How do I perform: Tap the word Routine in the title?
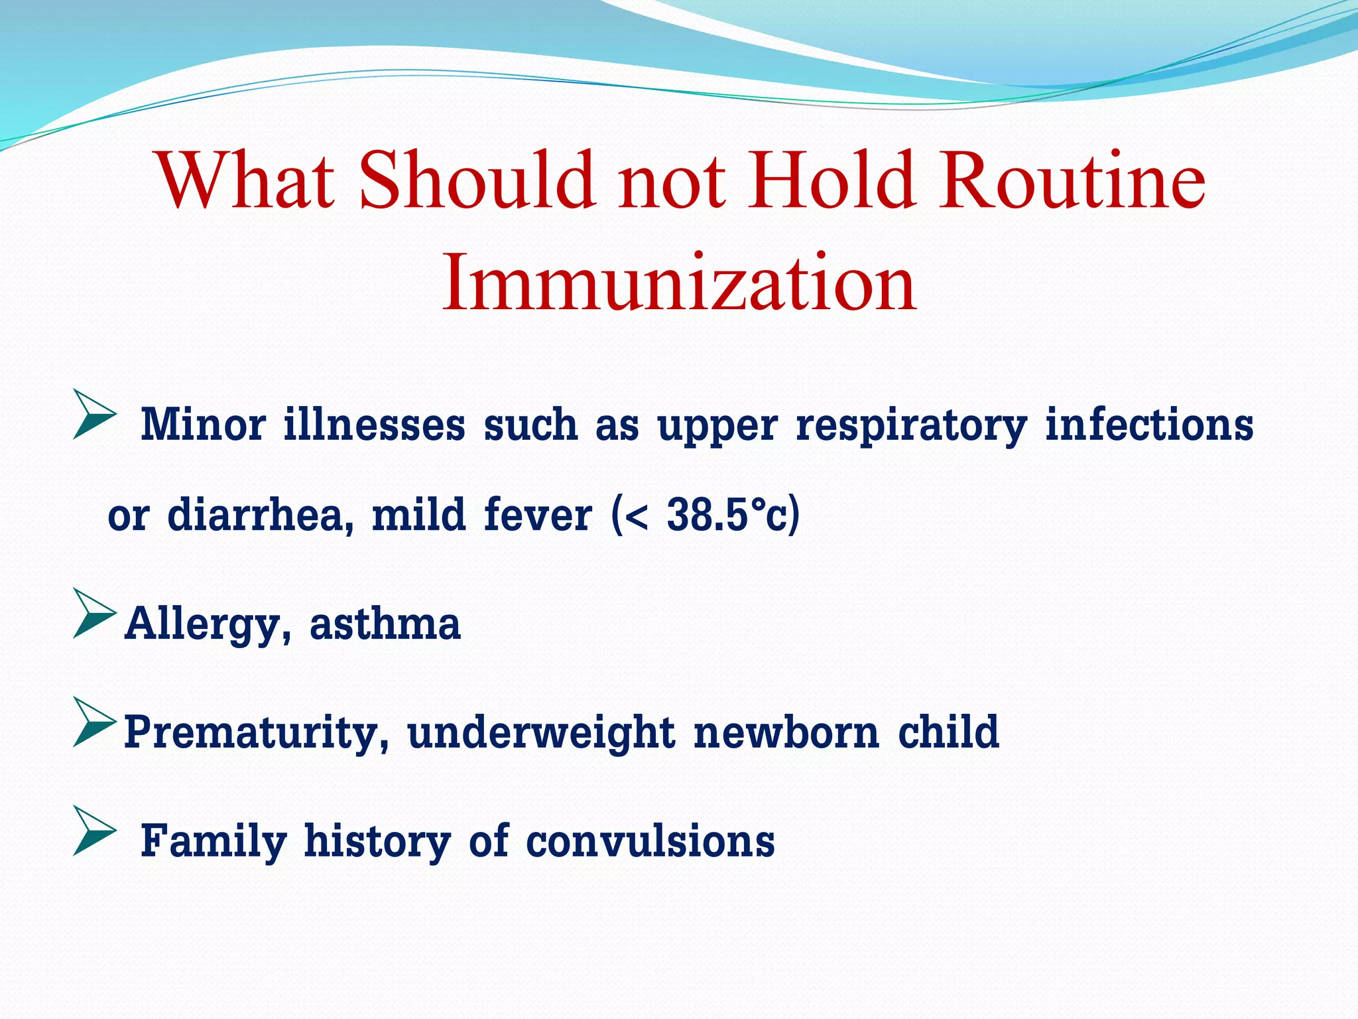click(1070, 180)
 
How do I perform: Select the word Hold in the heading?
click(832, 180)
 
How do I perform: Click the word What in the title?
click(245, 180)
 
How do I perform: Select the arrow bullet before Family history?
click(94, 831)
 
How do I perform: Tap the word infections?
click(1149, 425)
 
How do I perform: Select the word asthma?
click(385, 624)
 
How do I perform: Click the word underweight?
click(541, 732)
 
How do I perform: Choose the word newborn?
click(786, 732)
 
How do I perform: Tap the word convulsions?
click(650, 841)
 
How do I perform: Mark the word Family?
click(214, 841)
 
